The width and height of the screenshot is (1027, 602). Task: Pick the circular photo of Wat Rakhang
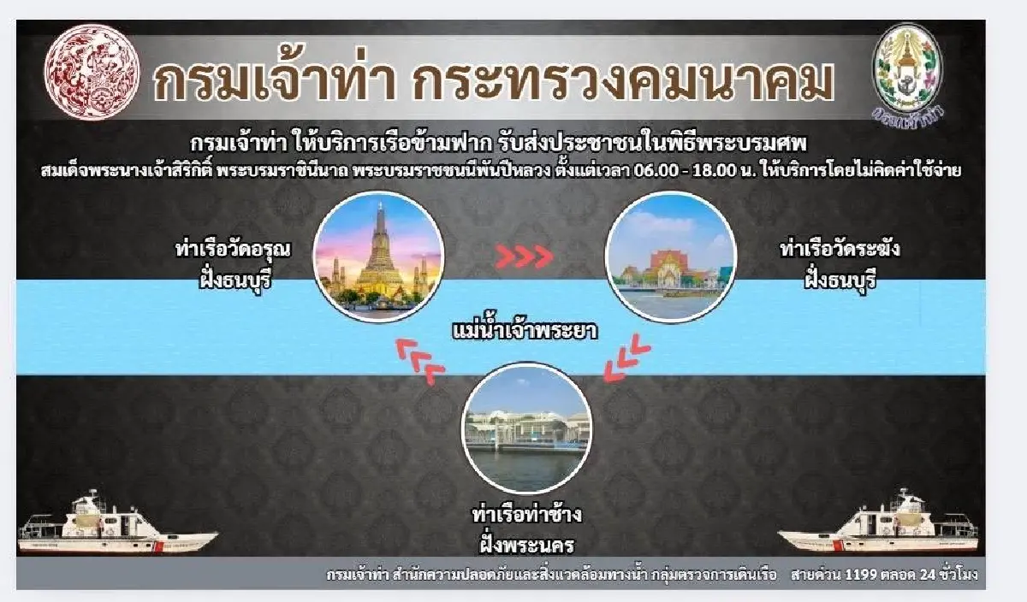pos(670,256)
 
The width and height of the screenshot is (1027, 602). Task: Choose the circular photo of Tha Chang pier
pos(526,429)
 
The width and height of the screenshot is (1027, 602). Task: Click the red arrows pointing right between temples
pos(525,256)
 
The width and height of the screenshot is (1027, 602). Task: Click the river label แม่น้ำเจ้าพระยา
pos(525,329)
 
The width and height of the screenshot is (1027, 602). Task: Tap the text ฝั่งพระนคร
pos(526,544)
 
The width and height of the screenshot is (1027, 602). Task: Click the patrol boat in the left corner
pos(116,526)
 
